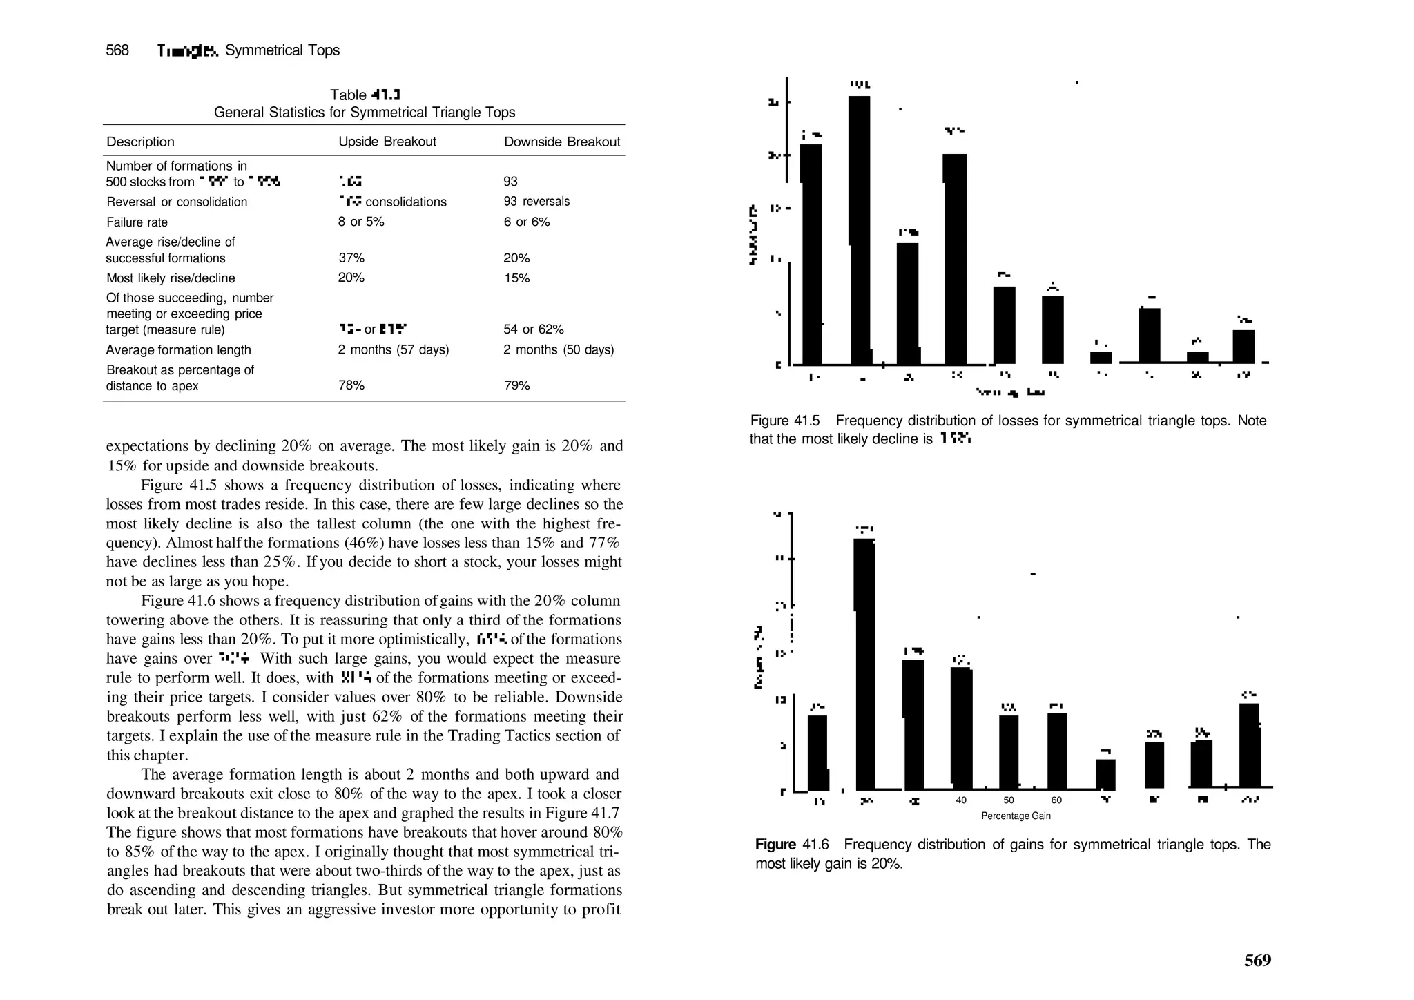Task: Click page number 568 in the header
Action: pos(117,50)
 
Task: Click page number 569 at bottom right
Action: pos(1257,961)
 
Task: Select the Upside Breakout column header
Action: pos(387,142)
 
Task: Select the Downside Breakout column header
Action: pos(562,142)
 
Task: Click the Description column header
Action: pos(140,142)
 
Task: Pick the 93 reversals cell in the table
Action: pos(536,202)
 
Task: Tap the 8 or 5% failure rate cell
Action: pos(361,222)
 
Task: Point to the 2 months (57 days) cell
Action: pos(393,349)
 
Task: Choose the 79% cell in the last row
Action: pos(516,385)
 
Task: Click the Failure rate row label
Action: pos(137,222)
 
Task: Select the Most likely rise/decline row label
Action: pos(171,278)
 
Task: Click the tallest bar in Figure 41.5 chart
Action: pos(860,228)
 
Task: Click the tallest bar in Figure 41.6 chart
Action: pos(864,663)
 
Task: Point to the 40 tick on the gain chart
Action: pos(961,800)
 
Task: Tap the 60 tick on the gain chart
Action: pos(1056,800)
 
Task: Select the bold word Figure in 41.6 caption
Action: pos(775,845)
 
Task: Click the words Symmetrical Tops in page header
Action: pos(282,50)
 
